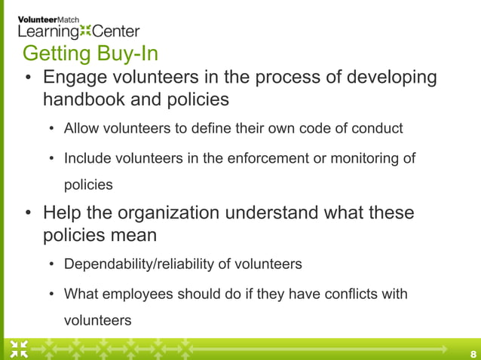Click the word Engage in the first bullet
(76, 78)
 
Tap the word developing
(391, 78)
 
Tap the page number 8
(473, 353)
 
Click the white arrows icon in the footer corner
(19, 349)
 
